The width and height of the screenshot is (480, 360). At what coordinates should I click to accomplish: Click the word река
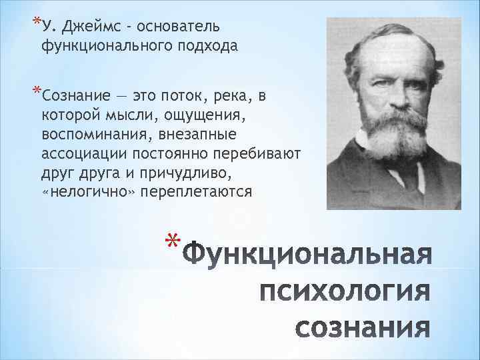[x=231, y=97]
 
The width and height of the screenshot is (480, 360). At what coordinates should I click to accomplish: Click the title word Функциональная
[x=307, y=257]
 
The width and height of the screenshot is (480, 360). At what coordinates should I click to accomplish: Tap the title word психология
[x=344, y=292]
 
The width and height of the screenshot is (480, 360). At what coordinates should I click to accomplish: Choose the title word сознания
[x=362, y=328]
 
